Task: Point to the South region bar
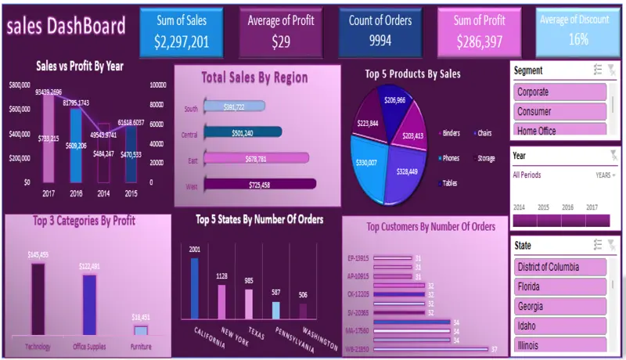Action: point(234,106)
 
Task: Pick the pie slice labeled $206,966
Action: point(395,104)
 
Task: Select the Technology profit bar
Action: point(37,298)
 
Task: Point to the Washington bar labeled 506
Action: point(303,310)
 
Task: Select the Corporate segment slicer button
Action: point(560,92)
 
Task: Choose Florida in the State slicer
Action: point(560,286)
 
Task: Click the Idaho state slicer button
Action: point(560,325)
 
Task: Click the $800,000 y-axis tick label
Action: point(20,85)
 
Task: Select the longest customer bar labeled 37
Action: point(431,349)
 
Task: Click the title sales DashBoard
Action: point(66,27)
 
